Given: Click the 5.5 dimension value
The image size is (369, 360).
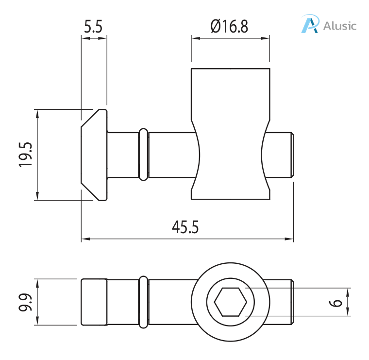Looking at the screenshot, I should [x=93, y=26].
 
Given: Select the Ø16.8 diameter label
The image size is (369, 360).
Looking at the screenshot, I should [x=229, y=26].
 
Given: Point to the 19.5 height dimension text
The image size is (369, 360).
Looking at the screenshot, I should [x=26, y=155].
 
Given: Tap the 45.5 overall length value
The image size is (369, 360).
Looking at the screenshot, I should [x=185, y=227].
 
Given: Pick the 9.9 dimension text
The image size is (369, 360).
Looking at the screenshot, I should [x=26, y=302].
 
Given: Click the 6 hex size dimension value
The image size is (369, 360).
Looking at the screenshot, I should [x=335, y=302].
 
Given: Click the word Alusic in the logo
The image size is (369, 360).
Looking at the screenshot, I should [x=339, y=25].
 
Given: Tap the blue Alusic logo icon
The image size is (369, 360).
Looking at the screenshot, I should [x=310, y=24].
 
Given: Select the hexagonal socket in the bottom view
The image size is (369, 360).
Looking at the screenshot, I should [x=230, y=302].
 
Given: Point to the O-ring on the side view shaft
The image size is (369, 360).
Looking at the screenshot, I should [x=143, y=154].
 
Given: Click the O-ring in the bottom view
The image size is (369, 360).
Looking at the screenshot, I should [x=143, y=302].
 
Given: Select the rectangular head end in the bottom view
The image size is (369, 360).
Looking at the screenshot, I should [x=94, y=302].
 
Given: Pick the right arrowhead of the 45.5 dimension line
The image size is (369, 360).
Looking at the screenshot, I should [x=291, y=239].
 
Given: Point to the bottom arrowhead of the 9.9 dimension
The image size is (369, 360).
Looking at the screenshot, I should [x=36, y=322].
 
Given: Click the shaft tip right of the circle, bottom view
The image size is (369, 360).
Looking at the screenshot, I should [x=282, y=302].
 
